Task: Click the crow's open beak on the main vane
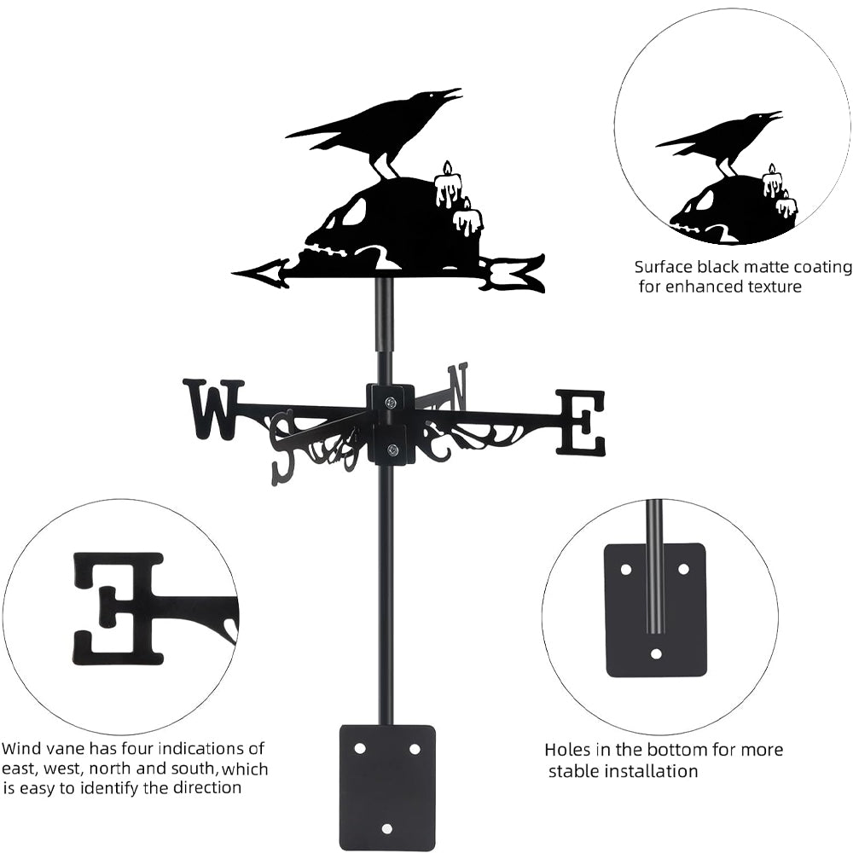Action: [451, 94]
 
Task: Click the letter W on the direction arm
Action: [212, 409]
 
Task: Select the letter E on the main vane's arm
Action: [581, 421]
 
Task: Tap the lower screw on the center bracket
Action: [392, 450]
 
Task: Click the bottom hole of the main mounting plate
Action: [386, 828]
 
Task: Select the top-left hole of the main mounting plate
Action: [359, 748]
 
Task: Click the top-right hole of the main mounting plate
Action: [415, 748]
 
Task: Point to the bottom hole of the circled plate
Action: [656, 654]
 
